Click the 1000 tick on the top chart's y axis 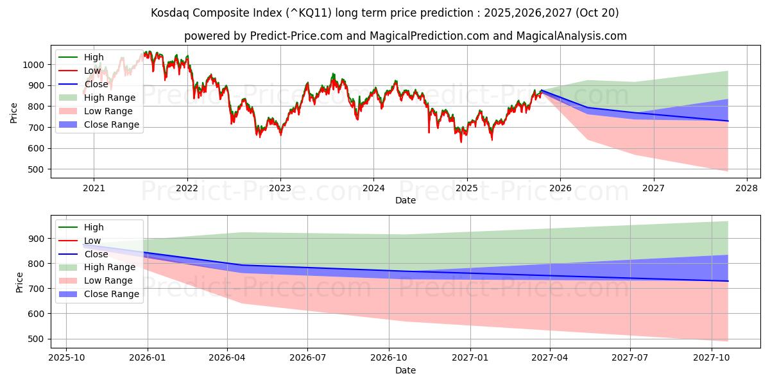pyautogui.click(x=33, y=65)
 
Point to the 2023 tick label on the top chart pyautogui.click(x=280, y=188)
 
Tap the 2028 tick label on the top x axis pyautogui.click(x=747, y=188)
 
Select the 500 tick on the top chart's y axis pyautogui.click(x=36, y=169)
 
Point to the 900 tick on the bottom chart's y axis pyautogui.click(x=36, y=239)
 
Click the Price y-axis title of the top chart pyautogui.click(x=13, y=113)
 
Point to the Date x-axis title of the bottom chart pyautogui.click(x=406, y=370)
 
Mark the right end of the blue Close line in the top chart pyautogui.click(x=728, y=121)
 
